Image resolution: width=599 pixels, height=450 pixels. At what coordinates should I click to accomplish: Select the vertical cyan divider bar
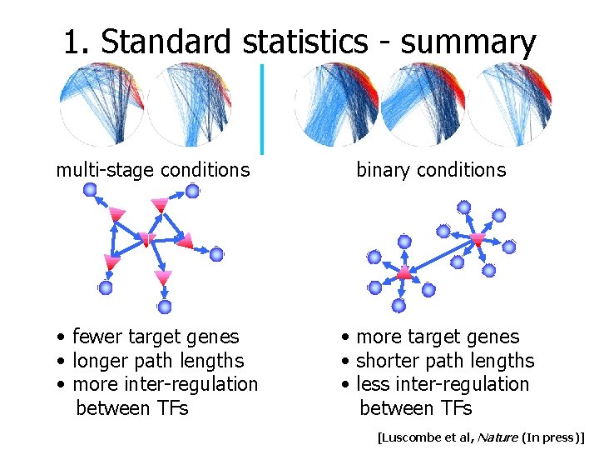(x=262, y=108)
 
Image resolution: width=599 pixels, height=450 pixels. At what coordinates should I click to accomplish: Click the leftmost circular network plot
(x=101, y=105)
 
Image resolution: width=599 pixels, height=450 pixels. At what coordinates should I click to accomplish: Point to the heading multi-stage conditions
(x=152, y=170)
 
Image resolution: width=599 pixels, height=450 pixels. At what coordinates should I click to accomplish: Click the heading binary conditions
(x=430, y=170)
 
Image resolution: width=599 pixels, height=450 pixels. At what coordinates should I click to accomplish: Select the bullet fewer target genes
(x=155, y=337)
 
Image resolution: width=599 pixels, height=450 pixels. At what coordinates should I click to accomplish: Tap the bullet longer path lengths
(x=158, y=361)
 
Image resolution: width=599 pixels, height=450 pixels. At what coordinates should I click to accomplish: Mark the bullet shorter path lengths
(x=444, y=361)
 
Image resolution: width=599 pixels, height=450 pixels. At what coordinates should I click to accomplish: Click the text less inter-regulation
(x=442, y=384)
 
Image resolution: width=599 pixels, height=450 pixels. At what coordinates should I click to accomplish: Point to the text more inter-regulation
(x=165, y=384)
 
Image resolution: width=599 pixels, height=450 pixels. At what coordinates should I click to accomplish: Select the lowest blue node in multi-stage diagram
(x=165, y=307)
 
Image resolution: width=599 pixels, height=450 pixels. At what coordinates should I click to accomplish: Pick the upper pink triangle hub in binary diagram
(x=478, y=240)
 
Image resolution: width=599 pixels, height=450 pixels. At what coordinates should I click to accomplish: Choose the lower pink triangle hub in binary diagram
(x=404, y=272)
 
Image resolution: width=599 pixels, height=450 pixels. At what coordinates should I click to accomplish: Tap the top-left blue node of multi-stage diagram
(x=90, y=190)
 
